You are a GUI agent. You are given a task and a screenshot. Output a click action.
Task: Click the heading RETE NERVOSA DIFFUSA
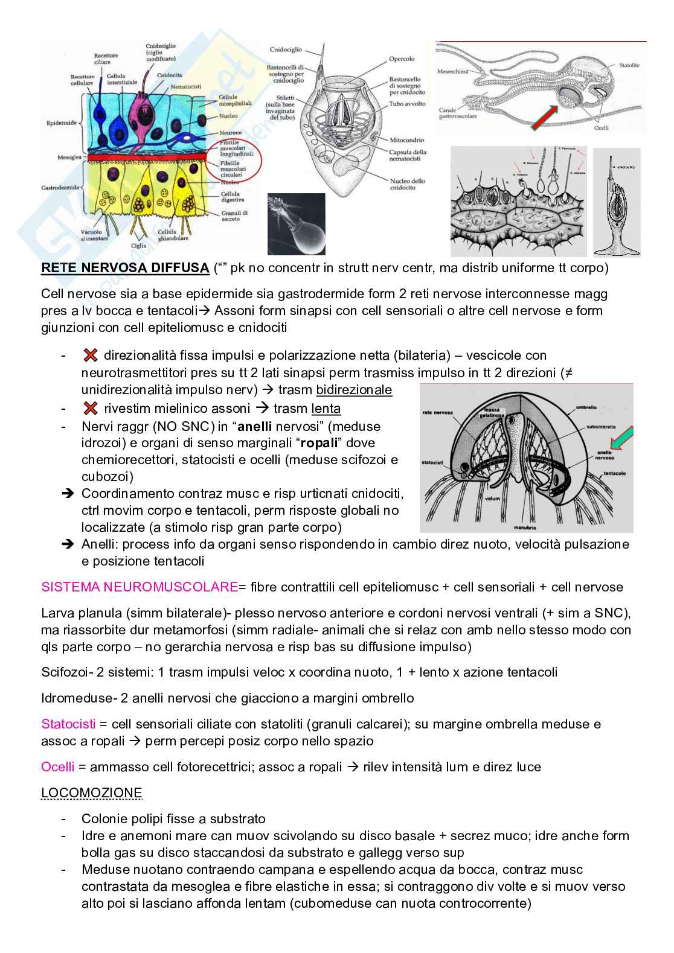[x=125, y=268]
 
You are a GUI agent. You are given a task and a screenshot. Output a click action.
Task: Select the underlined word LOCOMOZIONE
[x=92, y=792]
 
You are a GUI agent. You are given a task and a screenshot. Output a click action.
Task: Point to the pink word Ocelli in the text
[x=58, y=767]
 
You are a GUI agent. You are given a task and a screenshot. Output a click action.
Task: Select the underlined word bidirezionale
[x=354, y=390]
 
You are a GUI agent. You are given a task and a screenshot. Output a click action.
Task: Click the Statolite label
[x=629, y=65]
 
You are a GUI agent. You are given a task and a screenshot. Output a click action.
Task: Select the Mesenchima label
[x=453, y=71]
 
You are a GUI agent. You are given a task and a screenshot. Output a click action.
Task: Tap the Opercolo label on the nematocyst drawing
[x=402, y=59]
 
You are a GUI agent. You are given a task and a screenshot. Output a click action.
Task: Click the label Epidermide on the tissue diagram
[x=62, y=123]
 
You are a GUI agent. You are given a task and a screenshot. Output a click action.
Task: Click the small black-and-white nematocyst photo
[x=296, y=224]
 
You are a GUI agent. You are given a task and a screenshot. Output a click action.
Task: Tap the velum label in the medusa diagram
[x=493, y=500]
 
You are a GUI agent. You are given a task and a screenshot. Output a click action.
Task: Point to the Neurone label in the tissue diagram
[x=231, y=132]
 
